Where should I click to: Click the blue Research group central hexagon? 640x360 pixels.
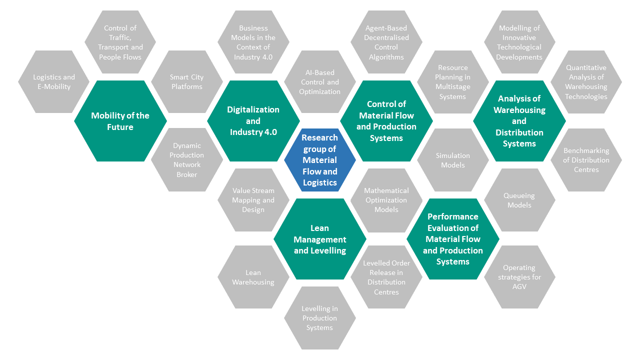coord(319,160)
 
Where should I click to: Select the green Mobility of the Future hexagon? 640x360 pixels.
coord(120,121)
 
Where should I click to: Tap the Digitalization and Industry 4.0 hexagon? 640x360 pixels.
coord(253,121)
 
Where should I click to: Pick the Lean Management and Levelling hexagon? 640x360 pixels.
coord(320,239)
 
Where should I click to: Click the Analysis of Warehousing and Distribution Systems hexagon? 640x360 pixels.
coord(519,121)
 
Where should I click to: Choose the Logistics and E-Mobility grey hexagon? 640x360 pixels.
coord(53,81)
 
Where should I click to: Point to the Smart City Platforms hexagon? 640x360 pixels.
coord(187,81)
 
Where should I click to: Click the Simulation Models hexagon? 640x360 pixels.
coord(453,160)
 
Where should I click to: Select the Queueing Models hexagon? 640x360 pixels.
coord(519,200)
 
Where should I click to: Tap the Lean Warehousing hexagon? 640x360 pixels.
coord(253,277)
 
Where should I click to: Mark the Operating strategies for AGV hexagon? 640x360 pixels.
coord(519,277)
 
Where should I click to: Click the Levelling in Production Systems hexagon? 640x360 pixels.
coord(319,318)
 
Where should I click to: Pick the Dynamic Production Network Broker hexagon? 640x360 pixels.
coord(187,159)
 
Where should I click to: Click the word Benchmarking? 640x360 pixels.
coord(586,150)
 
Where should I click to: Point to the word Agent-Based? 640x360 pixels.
coord(386,28)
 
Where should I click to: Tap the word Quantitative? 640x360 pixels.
coord(586,67)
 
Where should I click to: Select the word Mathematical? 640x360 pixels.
coord(386,190)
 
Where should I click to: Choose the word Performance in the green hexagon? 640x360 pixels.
coord(453,216)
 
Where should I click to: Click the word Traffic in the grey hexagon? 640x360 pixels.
coord(120,37)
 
